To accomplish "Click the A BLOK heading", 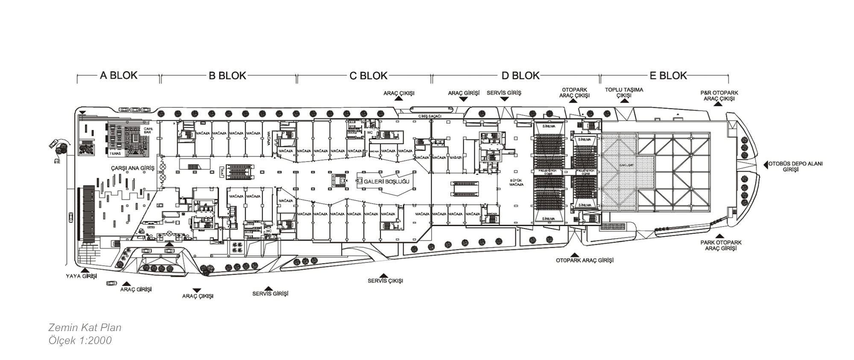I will click(x=119, y=76).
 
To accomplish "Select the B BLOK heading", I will click(x=228, y=76).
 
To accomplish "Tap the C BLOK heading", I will click(x=368, y=76).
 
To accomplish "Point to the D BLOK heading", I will click(x=521, y=76).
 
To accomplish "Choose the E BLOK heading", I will click(x=668, y=76).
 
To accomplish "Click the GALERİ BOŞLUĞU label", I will click(x=386, y=181).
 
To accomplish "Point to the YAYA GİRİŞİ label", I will click(x=82, y=276).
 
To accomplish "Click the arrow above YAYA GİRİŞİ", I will click(x=85, y=270).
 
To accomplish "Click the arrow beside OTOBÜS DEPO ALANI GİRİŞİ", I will click(x=766, y=164).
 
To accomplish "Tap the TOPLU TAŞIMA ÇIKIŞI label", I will click(x=624, y=93).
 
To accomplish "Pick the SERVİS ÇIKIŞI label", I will click(x=385, y=281).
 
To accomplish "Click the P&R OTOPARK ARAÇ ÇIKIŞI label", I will click(x=719, y=96).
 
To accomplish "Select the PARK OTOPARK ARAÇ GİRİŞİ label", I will click(x=721, y=245).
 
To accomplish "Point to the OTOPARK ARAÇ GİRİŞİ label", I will click(x=585, y=260).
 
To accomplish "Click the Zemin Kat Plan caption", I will click(x=85, y=328).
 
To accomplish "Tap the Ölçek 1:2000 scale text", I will click(x=80, y=340).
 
